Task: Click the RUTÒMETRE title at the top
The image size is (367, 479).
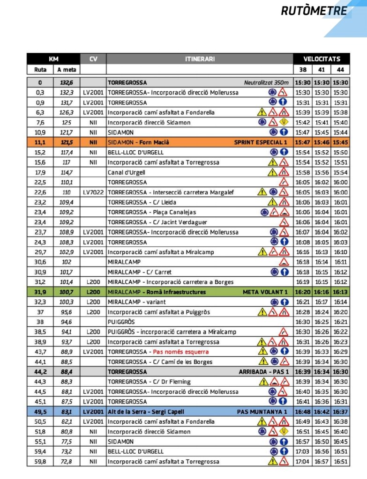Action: click(314, 11)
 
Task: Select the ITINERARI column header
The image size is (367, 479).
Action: click(199, 59)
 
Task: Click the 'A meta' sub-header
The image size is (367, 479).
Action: click(66, 70)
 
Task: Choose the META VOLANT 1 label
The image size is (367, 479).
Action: click(265, 292)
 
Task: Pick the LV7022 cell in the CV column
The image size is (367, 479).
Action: click(93, 192)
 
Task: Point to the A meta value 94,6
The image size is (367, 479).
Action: click(66, 322)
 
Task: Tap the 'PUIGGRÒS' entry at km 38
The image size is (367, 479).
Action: click(121, 322)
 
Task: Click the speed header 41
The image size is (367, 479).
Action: click(322, 70)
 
